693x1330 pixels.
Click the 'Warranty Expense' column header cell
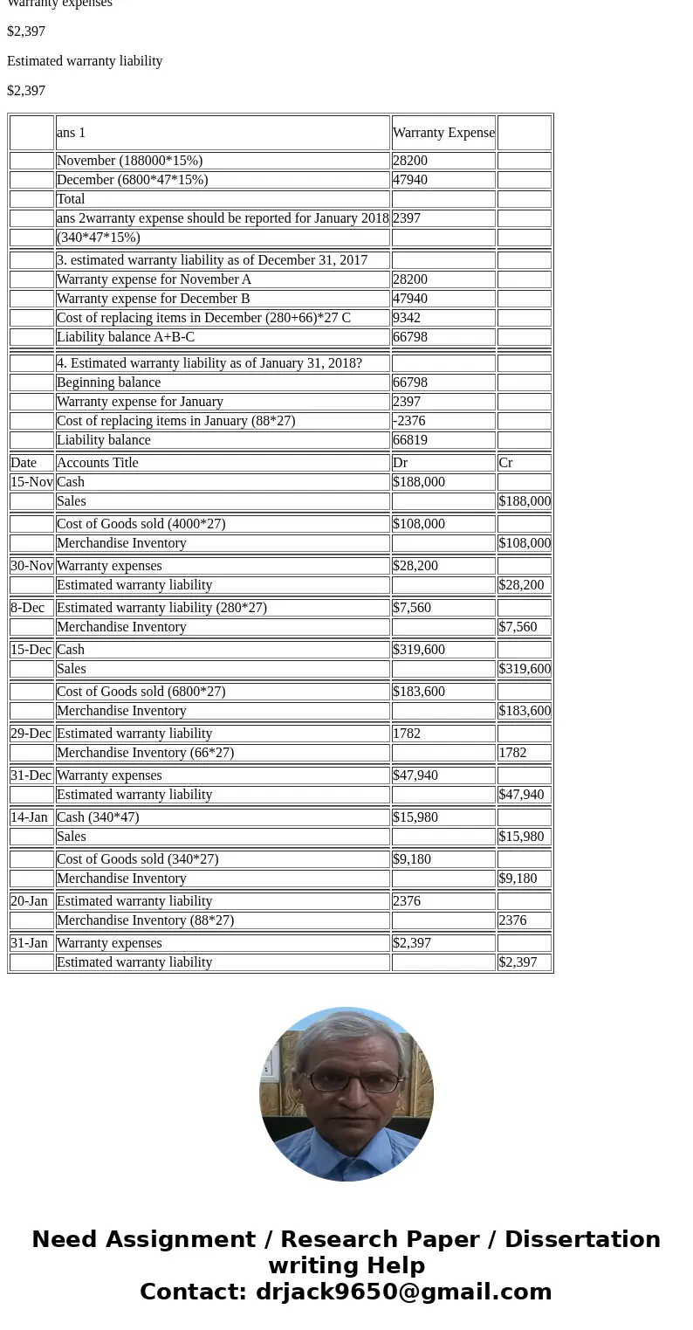(443, 133)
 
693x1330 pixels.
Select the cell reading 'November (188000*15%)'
(129, 161)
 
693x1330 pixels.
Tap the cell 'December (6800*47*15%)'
(132, 180)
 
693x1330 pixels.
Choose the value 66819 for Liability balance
(410, 440)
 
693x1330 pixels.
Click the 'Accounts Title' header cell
(97, 463)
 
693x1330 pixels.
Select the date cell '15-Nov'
(31, 482)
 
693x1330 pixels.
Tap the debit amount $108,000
(419, 524)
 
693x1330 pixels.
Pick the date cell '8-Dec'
(27, 608)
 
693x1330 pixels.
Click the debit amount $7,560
(412, 608)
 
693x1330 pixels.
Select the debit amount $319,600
(419, 650)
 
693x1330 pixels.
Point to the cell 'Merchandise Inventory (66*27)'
(145, 753)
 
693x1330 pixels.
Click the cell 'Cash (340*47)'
(98, 817)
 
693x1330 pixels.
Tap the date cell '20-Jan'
(29, 901)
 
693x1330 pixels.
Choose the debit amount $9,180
(412, 859)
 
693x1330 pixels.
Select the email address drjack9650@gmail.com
(403, 1292)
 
